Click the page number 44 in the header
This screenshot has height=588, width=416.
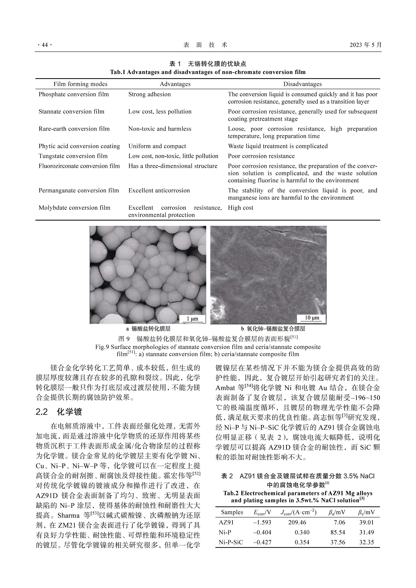pyautogui.click(x=44, y=45)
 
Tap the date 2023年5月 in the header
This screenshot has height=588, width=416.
pyautogui.click(x=365, y=45)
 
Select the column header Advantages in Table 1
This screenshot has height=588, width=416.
pyautogui.click(x=175, y=84)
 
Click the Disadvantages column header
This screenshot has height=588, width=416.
pyautogui.click(x=302, y=84)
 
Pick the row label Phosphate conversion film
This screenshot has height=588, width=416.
pyautogui.click(x=73, y=94)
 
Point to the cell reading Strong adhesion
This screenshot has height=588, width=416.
pyautogui.click(x=149, y=94)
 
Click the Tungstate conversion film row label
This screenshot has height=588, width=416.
pyautogui.click(x=73, y=156)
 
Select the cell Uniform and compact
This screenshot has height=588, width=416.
pyautogui.click(x=157, y=146)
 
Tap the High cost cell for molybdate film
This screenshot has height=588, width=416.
pyautogui.click(x=241, y=208)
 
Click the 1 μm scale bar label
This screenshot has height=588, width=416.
pyautogui.click(x=192, y=319)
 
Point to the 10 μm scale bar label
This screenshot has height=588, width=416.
pyautogui.click(x=312, y=318)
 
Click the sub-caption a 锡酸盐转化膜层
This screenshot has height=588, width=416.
pyautogui.click(x=148, y=329)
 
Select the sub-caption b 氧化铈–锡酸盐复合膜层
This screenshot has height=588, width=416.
pyautogui.click(x=273, y=329)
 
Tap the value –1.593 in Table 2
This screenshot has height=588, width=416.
pyautogui.click(x=262, y=522)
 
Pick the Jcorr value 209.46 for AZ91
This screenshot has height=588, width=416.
pyautogui.click(x=297, y=522)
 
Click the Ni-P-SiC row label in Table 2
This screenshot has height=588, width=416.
pyautogui.click(x=231, y=542)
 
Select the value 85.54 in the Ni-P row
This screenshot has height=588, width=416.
pyautogui.click(x=337, y=532)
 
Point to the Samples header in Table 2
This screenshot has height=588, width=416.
pyautogui.click(x=232, y=512)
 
